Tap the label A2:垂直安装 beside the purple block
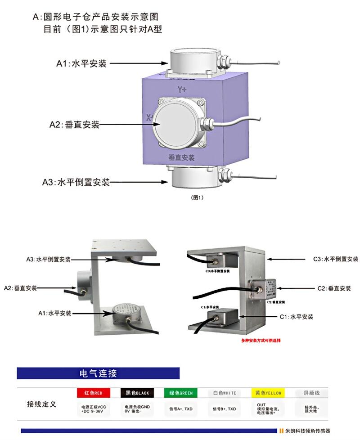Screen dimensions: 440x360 74,125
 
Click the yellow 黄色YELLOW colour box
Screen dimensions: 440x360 268,393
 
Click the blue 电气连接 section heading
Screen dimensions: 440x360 98,373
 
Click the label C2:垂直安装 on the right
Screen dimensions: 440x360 334,288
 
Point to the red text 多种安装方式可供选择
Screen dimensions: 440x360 261,341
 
